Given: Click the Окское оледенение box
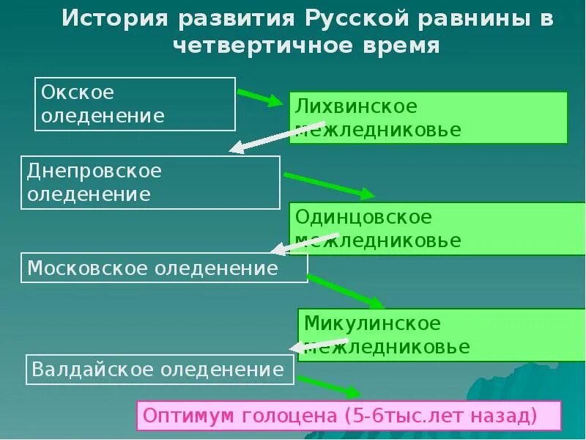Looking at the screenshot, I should tap(136, 104).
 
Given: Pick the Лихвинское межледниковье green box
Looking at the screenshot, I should tap(429, 117).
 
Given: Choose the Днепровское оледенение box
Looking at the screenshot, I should tap(151, 183).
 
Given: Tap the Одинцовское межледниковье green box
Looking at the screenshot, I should tap(438, 228).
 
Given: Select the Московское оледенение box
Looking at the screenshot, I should tap(164, 268).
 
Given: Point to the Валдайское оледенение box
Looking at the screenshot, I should tap(160, 370).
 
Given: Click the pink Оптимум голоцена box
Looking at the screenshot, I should tap(349, 416).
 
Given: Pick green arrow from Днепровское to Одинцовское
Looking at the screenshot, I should tap(329, 186).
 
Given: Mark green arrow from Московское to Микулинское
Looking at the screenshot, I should tap(345, 290).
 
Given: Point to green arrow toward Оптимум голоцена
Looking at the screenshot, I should tap(328, 386).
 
